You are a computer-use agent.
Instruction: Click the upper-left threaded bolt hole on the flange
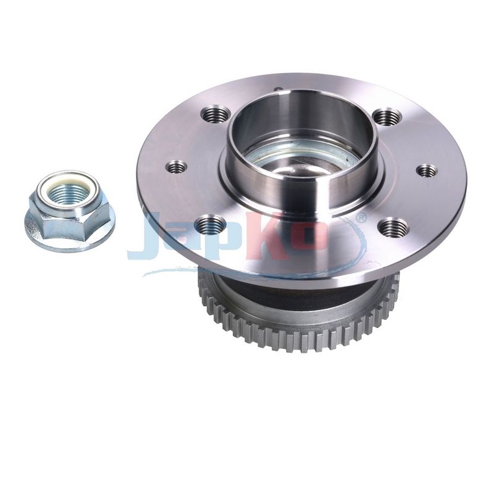coord(215,115)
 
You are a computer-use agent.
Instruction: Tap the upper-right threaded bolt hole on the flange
coord(387,117)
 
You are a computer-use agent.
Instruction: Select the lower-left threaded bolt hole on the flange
coord(211,224)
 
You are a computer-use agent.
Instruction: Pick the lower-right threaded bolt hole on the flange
coord(393,227)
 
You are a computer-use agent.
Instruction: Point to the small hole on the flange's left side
coord(177,166)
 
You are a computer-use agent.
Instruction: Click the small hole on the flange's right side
coord(427,171)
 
